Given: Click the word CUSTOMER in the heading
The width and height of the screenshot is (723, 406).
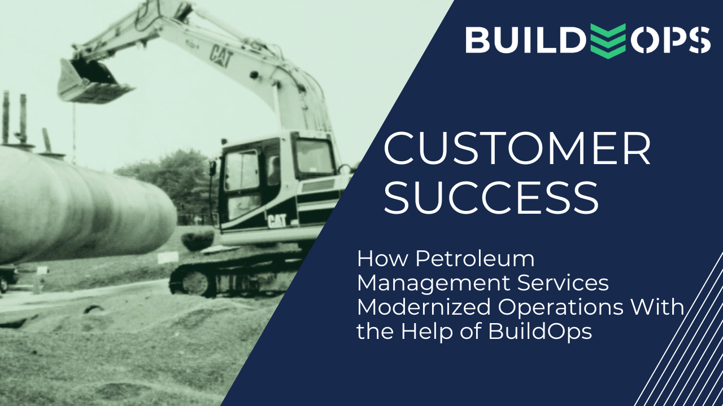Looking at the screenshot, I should [x=517, y=148].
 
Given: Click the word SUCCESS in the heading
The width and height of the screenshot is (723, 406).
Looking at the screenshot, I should [x=491, y=198].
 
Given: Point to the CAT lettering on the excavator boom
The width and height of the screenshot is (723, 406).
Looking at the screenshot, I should [x=220, y=56].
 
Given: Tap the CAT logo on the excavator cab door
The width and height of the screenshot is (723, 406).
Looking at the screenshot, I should [x=277, y=220].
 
